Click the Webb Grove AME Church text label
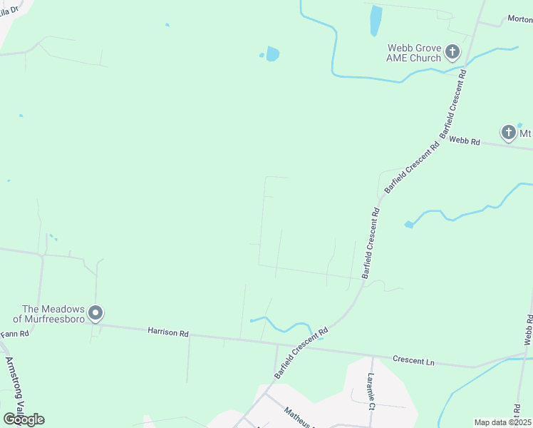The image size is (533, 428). [414, 53]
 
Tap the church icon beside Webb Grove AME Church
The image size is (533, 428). [452, 52]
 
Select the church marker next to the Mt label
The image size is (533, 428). [508, 133]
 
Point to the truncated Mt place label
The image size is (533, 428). [525, 133]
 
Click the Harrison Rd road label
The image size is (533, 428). [168, 332]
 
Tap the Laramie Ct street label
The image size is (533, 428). [371, 393]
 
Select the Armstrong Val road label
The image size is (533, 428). [15, 382]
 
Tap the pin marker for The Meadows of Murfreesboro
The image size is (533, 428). [95, 313]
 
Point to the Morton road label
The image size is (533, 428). [519, 19]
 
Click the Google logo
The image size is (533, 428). [24, 419]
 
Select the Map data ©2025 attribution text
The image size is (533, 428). [502, 422]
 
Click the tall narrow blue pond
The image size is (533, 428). [376, 21]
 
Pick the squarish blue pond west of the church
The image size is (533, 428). [272, 53]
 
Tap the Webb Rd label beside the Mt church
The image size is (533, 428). [465, 142]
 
